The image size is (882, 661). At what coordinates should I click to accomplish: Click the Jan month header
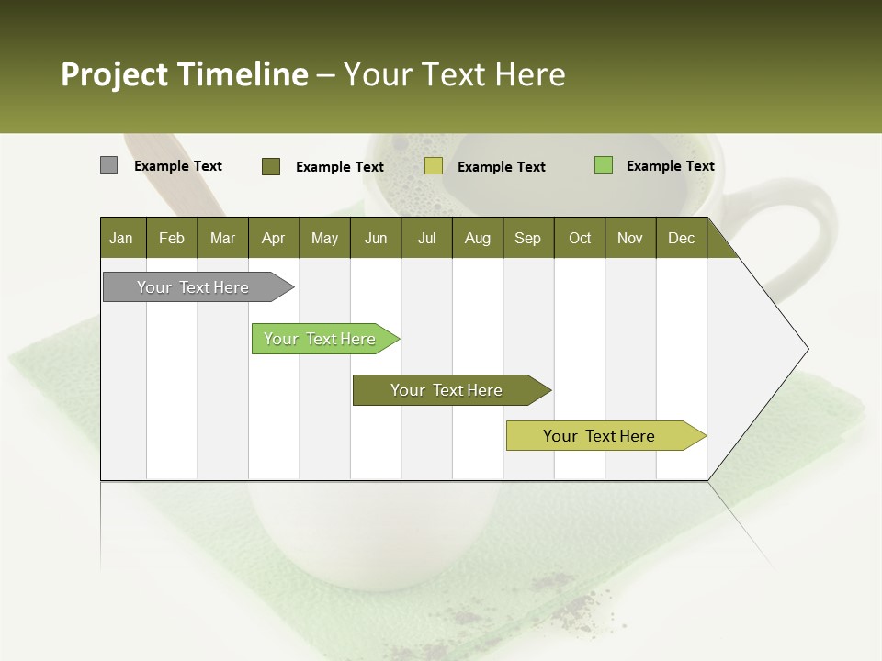click(122, 238)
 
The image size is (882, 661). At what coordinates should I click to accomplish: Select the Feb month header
click(172, 238)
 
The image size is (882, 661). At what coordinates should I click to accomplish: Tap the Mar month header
click(222, 238)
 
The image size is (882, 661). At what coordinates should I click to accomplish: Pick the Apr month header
click(274, 238)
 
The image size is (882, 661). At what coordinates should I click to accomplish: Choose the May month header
click(324, 238)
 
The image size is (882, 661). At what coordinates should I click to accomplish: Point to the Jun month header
click(376, 238)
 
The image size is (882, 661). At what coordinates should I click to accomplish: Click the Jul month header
click(426, 238)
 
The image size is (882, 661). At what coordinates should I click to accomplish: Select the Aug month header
click(478, 238)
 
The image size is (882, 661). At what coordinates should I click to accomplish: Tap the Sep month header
click(528, 238)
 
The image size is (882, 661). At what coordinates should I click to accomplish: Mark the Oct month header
click(580, 238)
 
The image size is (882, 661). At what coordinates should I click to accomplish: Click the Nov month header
click(630, 238)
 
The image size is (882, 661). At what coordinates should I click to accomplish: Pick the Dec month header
click(682, 238)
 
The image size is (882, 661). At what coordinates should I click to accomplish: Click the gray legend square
click(108, 165)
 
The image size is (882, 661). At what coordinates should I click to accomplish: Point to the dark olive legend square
click(271, 166)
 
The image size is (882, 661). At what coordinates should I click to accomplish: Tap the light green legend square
click(603, 165)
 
